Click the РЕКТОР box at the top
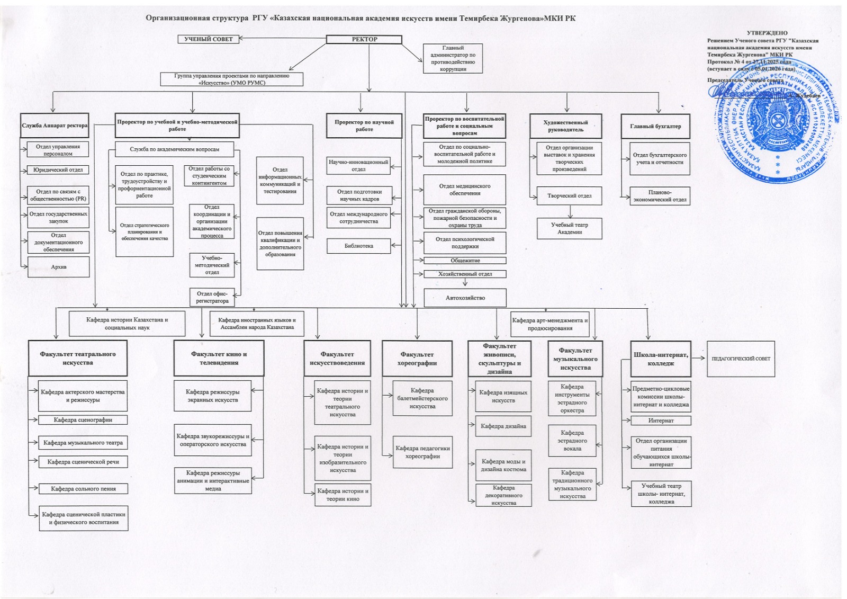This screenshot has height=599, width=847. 364,39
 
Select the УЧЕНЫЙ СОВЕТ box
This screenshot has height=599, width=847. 208,39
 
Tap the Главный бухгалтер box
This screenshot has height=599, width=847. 655,127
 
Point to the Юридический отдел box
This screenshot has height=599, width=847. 58,170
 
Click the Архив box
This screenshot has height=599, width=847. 59,267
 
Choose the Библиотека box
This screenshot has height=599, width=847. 358,246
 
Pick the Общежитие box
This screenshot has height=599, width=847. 465,261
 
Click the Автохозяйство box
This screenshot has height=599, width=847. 465,298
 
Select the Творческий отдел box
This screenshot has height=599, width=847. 569,196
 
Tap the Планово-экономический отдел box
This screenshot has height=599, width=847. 660,196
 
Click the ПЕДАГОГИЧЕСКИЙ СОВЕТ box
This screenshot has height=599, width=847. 741,359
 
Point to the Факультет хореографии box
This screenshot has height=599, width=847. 417,359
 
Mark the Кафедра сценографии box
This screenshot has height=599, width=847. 83,420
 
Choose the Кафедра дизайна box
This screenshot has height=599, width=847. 503,426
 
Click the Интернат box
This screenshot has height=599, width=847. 661,421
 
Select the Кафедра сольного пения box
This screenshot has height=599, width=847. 83,489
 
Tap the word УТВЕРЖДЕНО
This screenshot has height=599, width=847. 767,33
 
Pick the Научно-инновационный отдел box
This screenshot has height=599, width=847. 358,166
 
